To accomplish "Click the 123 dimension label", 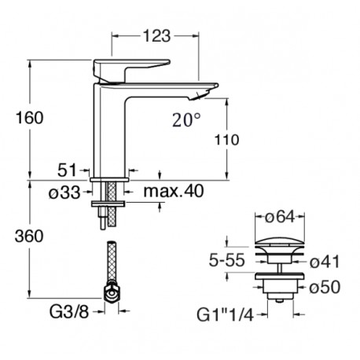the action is coord(156,36).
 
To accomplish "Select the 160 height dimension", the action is coord(29,118).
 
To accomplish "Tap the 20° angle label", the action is coord(186,120).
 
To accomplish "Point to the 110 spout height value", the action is coord(226,140).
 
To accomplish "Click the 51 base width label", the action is coord(67,170).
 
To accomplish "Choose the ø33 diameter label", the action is coord(64,193).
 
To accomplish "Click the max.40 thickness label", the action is coord(174,191).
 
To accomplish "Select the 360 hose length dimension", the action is coord(29,236).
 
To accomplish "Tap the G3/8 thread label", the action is coord(69,312).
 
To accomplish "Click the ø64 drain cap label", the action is coord(280,217).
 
